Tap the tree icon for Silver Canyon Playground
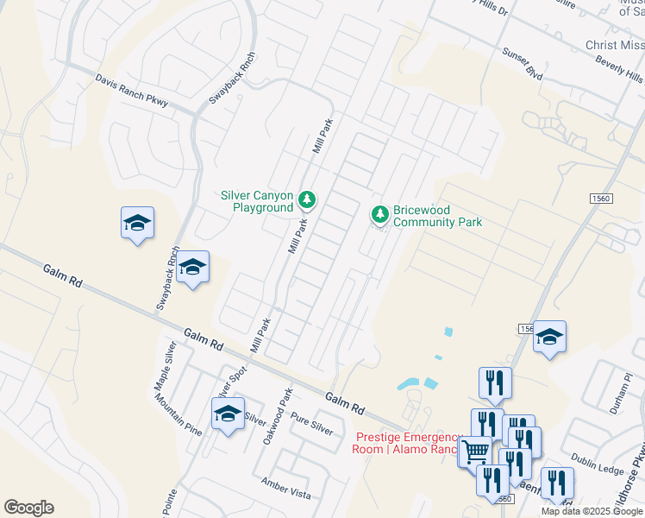(x=306, y=201)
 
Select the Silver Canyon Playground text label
(x=257, y=201)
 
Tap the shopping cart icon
(x=476, y=450)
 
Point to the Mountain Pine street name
(x=180, y=416)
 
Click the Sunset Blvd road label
(x=523, y=66)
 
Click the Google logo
(x=28, y=508)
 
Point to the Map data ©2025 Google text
(x=592, y=511)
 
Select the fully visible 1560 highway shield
(x=601, y=199)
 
